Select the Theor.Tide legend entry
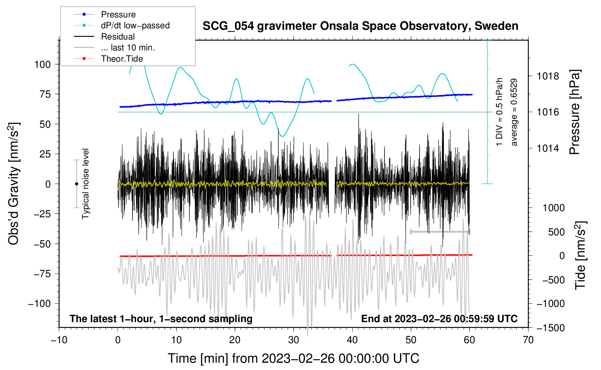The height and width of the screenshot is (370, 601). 122,59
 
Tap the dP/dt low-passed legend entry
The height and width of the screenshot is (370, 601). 135,25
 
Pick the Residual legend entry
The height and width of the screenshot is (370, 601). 118,37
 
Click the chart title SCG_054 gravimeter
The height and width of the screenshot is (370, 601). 360,26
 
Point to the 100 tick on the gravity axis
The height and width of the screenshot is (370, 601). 42,65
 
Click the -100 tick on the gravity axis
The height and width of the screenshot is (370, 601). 39,304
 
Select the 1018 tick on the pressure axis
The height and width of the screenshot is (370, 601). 548,76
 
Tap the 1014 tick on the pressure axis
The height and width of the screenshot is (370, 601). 548,148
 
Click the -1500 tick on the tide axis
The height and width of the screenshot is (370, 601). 550,328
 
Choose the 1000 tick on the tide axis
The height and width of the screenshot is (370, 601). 553,207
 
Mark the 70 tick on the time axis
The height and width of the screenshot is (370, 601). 528,340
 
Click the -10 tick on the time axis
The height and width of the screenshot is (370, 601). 59,340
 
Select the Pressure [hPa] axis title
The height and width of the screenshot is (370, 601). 575,112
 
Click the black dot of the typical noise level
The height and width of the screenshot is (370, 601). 76,184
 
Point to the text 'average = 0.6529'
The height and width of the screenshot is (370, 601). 514,112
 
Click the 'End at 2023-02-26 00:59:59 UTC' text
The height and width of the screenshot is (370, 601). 439,318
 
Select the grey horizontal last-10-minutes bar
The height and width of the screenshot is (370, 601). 440,231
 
